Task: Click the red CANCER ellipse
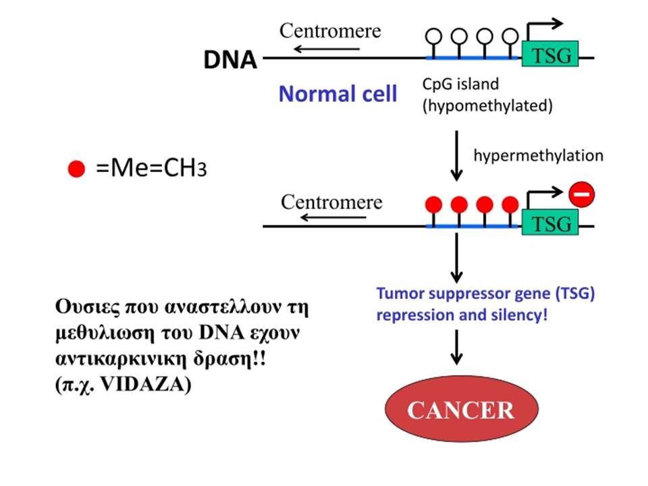click(x=462, y=409)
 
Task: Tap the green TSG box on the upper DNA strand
click(x=550, y=54)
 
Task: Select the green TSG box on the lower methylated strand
click(x=550, y=222)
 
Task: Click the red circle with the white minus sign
click(x=581, y=194)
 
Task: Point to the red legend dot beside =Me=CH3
click(x=76, y=169)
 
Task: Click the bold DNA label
click(x=230, y=59)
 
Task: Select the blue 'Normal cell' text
click(x=337, y=94)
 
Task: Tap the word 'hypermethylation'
click(x=538, y=156)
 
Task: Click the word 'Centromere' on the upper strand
click(x=330, y=30)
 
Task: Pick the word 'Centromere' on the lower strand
click(x=331, y=202)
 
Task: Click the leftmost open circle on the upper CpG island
click(x=433, y=36)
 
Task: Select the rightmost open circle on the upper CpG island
click(x=510, y=36)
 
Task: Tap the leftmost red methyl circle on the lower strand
click(x=433, y=205)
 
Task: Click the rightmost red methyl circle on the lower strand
click(x=510, y=205)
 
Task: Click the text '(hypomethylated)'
click(x=487, y=106)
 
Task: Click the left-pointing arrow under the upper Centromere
click(x=327, y=49)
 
